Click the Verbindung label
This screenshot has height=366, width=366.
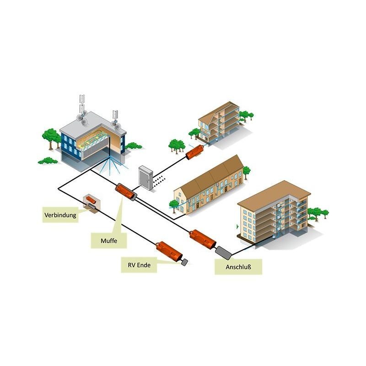60,214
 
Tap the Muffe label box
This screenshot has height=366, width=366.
108,240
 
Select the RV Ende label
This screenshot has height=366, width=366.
139,264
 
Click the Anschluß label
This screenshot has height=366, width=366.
238,267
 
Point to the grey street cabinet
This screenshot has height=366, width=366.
146,178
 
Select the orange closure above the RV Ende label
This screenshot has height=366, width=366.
168,252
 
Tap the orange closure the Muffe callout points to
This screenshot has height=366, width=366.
126,191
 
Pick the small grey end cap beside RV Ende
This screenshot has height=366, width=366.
186,262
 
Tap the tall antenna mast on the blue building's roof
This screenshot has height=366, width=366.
83,105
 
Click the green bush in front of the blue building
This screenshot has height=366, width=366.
47,161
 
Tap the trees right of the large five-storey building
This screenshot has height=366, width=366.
317,214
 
